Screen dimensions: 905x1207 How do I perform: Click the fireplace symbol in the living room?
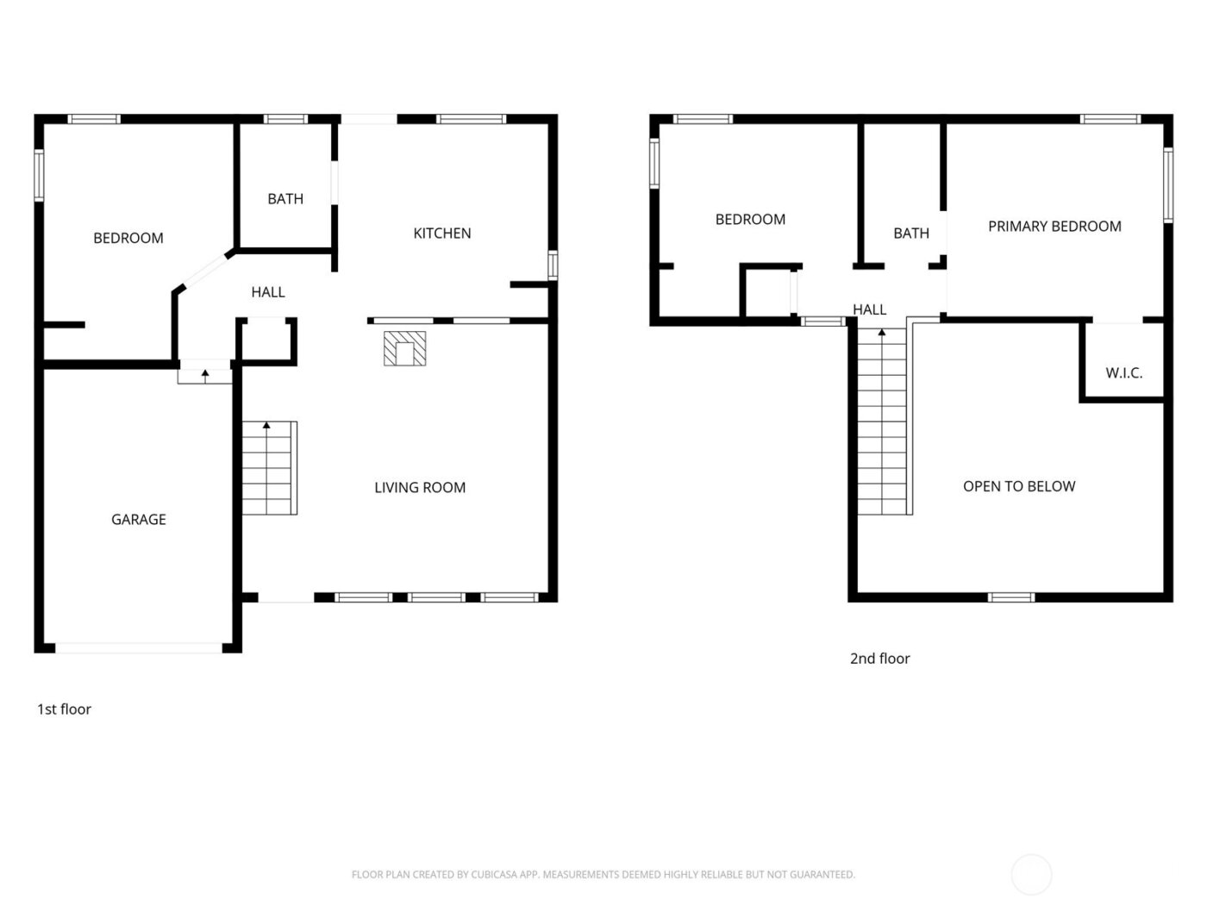click(x=404, y=348)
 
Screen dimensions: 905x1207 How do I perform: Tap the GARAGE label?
click(x=139, y=519)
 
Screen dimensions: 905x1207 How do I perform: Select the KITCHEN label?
click(x=442, y=233)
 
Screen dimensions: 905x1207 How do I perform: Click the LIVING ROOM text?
click(x=420, y=487)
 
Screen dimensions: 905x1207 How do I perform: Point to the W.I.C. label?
click(x=1124, y=372)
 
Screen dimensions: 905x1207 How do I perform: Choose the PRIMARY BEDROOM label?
click(x=1054, y=226)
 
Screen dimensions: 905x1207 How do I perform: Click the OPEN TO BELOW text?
click(x=1019, y=486)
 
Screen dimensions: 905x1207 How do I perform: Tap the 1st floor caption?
click(x=64, y=708)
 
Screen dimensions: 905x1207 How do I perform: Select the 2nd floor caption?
click(x=879, y=658)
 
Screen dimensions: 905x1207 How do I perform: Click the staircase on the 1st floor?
click(x=269, y=468)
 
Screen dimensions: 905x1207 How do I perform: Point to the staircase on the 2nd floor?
click(x=883, y=422)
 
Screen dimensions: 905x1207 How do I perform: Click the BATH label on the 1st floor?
click(x=285, y=198)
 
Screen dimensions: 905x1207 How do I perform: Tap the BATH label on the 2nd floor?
click(x=911, y=233)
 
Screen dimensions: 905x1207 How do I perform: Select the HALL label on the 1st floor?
click(x=268, y=292)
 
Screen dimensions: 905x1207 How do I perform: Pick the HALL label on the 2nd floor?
click(x=869, y=309)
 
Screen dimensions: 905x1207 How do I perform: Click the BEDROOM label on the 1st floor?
click(x=128, y=238)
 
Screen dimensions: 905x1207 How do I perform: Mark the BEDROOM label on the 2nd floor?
click(x=750, y=219)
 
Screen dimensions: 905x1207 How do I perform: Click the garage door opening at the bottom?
click(x=139, y=648)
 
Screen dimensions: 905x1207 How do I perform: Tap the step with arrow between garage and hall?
click(x=205, y=376)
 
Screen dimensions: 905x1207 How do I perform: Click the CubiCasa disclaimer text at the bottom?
click(x=603, y=874)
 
